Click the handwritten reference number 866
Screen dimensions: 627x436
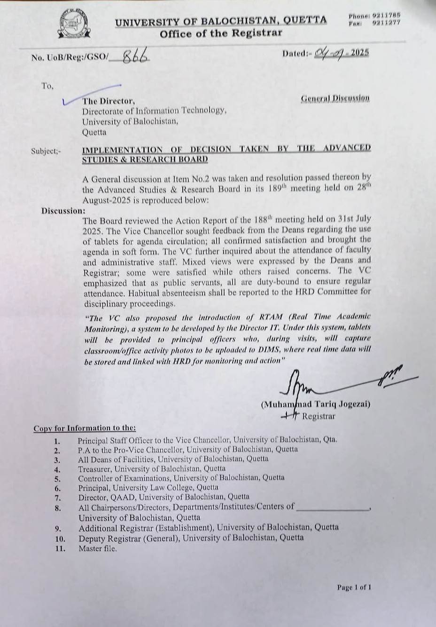(136, 56)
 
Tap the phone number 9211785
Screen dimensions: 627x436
(386, 16)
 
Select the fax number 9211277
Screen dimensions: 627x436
(386, 22)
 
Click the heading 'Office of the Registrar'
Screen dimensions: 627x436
(221, 33)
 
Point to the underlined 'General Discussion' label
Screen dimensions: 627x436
(335, 98)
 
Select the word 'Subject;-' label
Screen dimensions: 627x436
(46, 151)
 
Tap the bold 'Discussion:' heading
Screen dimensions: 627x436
(63, 211)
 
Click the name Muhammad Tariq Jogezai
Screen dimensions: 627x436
(316, 404)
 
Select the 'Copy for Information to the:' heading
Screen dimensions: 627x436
(85, 428)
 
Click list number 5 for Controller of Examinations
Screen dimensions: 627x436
(57, 478)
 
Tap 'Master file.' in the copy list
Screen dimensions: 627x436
(98, 548)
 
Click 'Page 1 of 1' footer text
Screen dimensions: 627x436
(354, 587)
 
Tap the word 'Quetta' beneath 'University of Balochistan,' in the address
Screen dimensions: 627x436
(94, 132)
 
